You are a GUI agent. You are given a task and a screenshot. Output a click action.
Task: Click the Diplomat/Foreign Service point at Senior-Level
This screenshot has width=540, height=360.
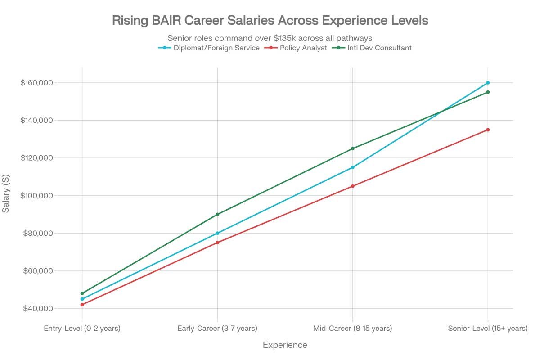pos(488,83)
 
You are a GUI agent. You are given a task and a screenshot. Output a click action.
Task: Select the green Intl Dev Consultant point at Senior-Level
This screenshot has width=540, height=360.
pos(488,92)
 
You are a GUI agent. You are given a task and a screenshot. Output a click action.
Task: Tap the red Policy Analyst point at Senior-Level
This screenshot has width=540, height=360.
pos(488,130)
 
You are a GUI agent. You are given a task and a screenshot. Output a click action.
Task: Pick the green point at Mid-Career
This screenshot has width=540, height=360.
pos(352,148)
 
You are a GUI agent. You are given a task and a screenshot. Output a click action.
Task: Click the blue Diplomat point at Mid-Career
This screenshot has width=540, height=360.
pos(352,167)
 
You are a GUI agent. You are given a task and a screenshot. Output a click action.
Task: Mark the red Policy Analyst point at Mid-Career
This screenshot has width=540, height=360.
pos(352,186)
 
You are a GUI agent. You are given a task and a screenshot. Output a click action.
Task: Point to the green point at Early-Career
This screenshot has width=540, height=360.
pos(217,214)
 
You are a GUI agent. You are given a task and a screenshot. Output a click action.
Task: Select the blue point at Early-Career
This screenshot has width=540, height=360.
pos(217,233)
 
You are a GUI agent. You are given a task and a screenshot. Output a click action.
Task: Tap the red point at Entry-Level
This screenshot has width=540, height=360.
pos(82,305)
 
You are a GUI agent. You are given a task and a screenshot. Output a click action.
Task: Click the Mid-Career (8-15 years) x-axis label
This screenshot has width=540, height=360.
pos(352,328)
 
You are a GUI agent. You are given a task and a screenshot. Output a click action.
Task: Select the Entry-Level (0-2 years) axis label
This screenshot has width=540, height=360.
pos(82,328)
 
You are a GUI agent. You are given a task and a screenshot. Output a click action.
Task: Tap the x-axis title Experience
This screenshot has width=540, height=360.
pos(285,345)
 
